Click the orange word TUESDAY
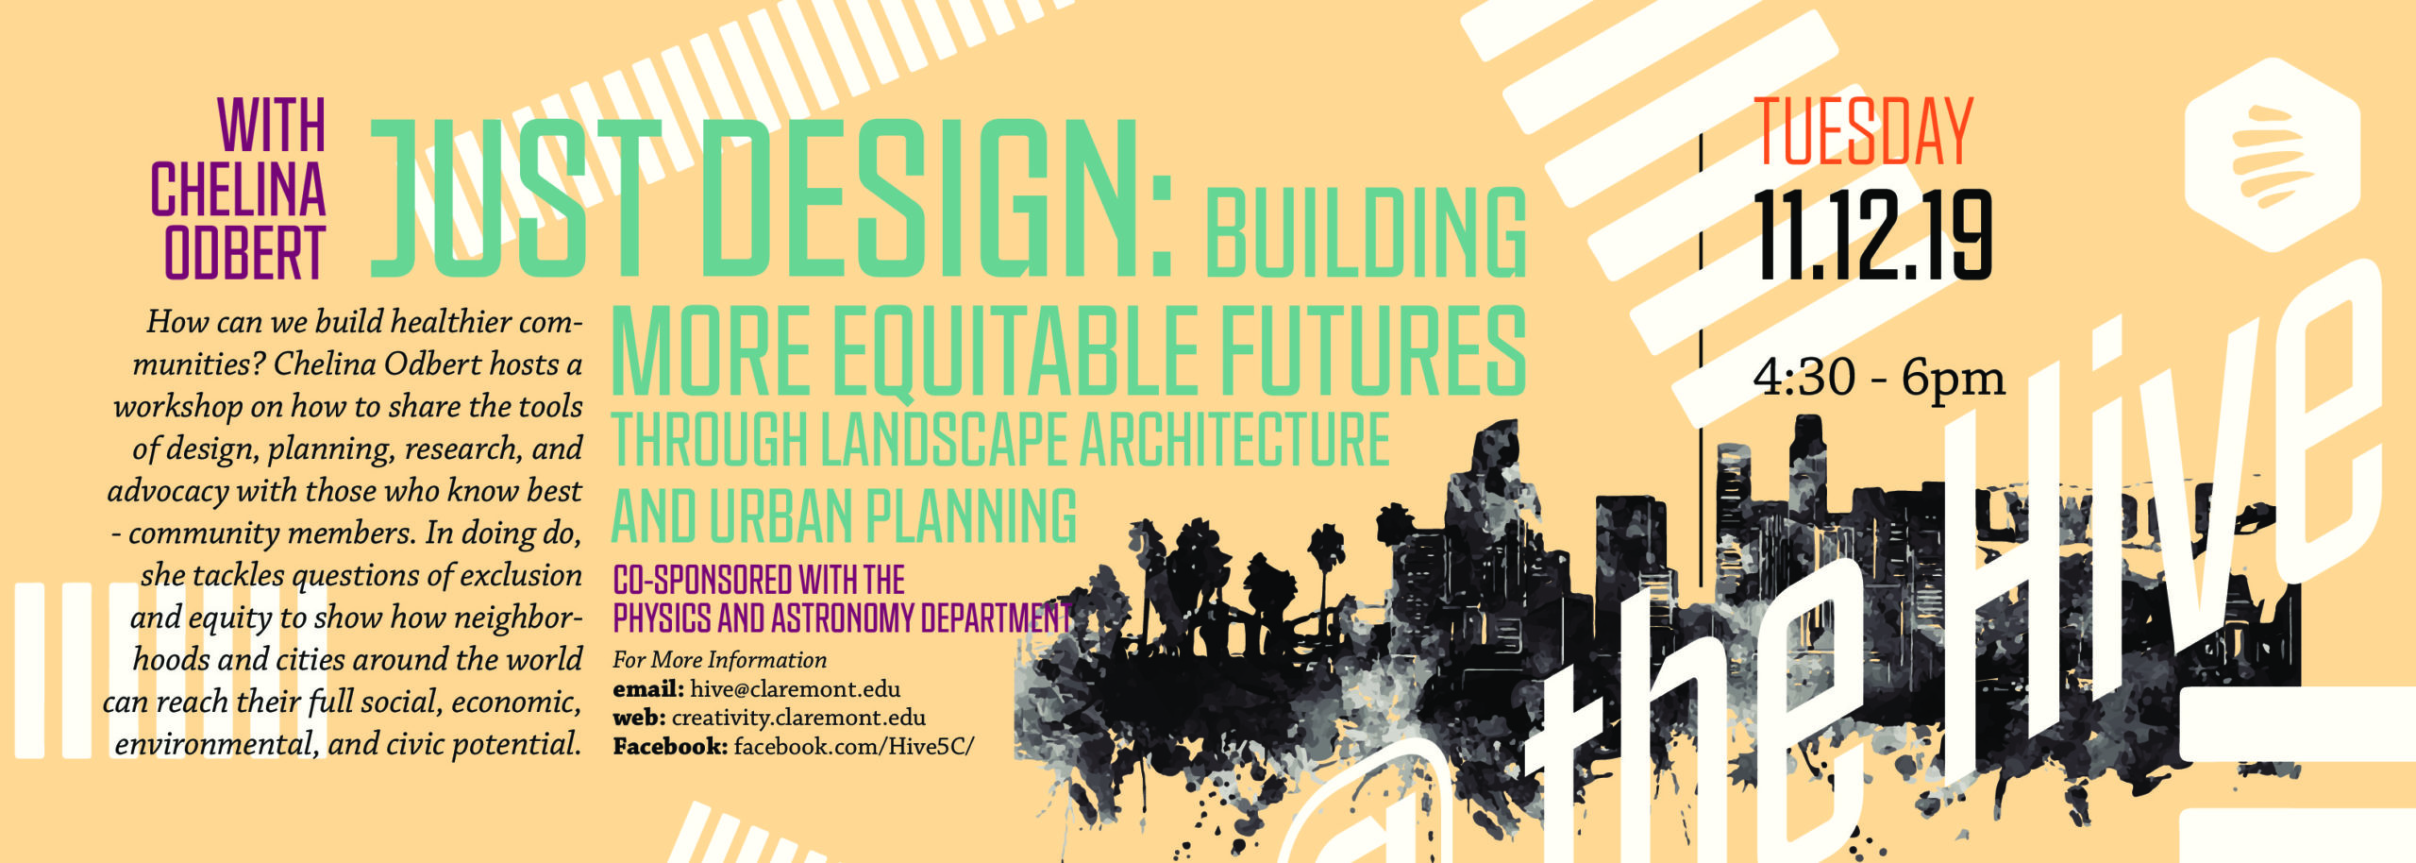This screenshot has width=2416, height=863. [x=1863, y=132]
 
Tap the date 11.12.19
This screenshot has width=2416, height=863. [x=1872, y=235]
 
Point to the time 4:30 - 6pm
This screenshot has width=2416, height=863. [x=1879, y=378]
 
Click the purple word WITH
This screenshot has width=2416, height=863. [x=272, y=125]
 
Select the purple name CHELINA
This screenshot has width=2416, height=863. [x=238, y=189]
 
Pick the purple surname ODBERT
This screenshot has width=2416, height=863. [x=245, y=253]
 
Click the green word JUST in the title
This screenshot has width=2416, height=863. [x=515, y=198]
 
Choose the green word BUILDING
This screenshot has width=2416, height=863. [x=1366, y=231]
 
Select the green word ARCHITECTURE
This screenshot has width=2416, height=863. [x=1234, y=439]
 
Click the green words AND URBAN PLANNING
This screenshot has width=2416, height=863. [x=845, y=516]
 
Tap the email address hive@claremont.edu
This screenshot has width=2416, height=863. [x=795, y=689]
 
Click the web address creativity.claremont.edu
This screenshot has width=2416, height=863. [x=798, y=718]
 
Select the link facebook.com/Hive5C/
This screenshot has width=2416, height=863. [x=853, y=747]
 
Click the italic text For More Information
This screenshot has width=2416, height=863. [x=719, y=660]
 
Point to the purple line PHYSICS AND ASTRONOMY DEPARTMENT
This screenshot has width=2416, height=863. [x=842, y=618]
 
